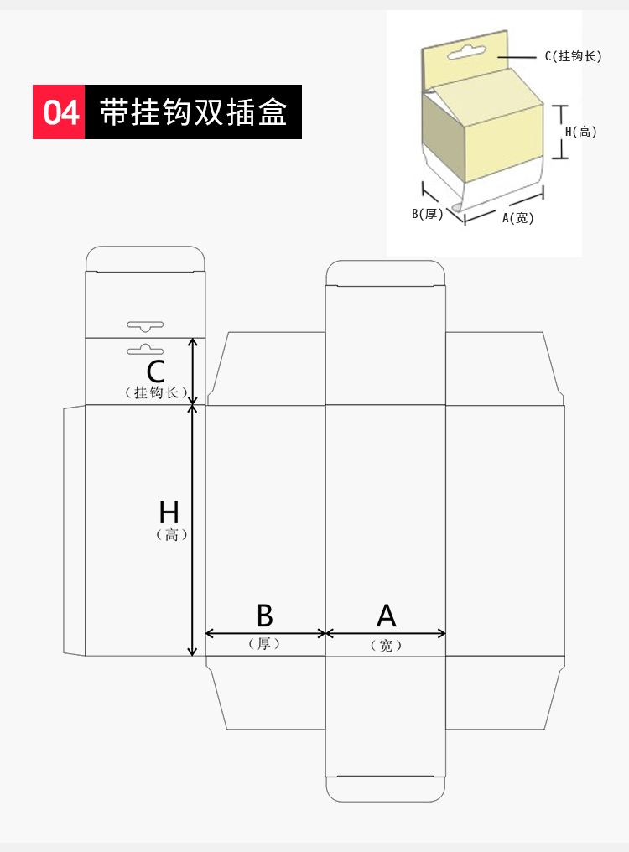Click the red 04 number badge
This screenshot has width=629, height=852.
pos(59,112)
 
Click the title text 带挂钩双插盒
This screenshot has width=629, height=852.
pos(193,112)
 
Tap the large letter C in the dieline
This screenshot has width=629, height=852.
pos(155,371)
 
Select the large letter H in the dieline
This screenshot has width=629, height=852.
pos(169,512)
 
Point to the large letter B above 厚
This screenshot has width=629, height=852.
pos(265,616)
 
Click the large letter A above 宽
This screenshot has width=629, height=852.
pos(386,616)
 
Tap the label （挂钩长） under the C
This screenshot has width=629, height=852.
pos(156,392)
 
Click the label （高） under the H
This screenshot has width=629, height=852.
pos(172,535)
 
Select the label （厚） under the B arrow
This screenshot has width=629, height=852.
pos(264,644)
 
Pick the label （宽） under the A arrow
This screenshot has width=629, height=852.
pos(386,646)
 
